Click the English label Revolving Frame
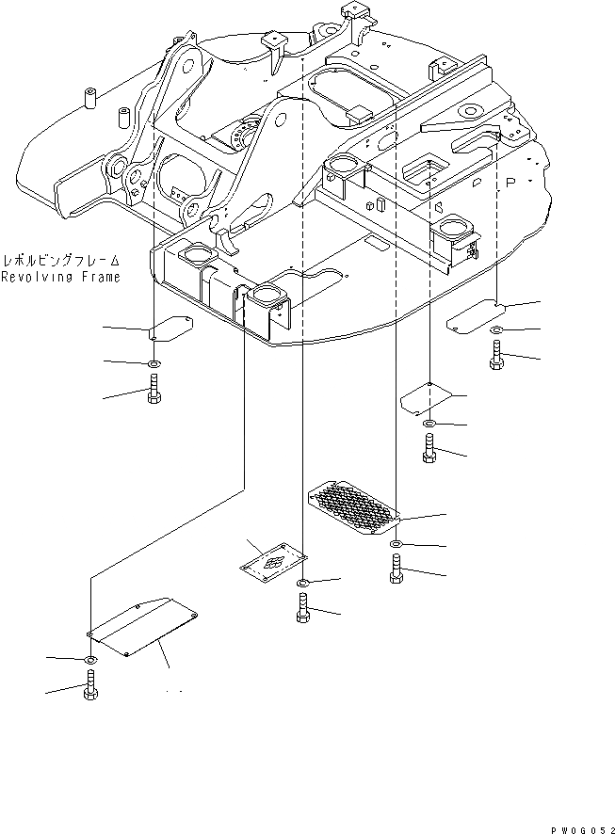60,277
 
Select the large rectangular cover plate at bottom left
141,624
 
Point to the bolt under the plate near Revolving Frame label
154,388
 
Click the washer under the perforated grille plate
397,545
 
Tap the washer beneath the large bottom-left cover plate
90,659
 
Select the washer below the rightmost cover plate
496,329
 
